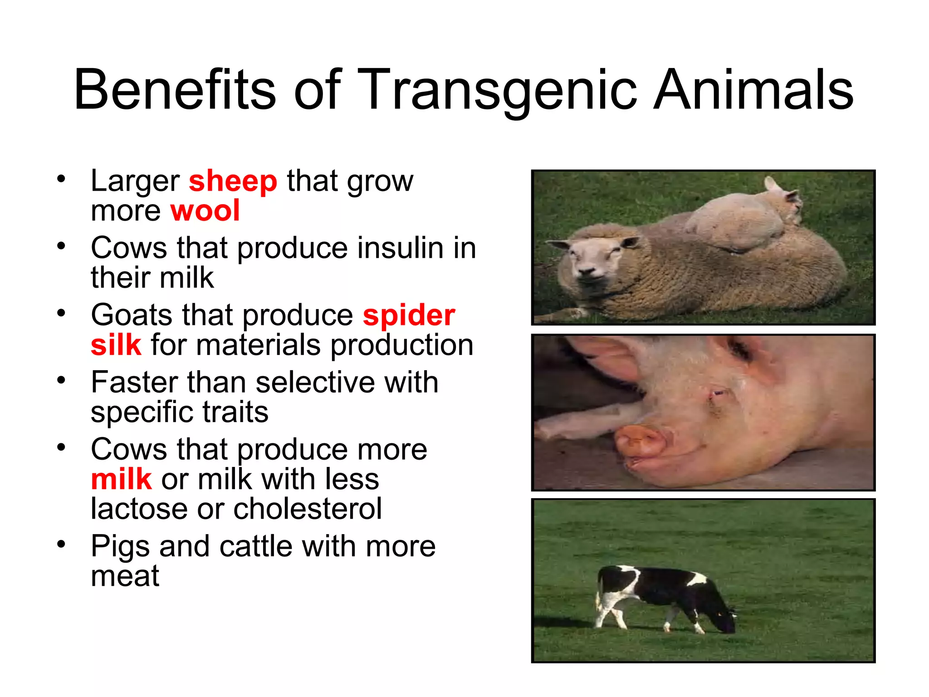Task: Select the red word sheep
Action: (x=233, y=181)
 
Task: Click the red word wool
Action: (x=205, y=211)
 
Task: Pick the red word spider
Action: (x=409, y=315)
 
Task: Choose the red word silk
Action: (x=116, y=345)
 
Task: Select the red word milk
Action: (x=121, y=480)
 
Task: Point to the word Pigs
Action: (x=120, y=547)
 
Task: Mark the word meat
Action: (x=125, y=576)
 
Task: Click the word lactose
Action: (x=139, y=509)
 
